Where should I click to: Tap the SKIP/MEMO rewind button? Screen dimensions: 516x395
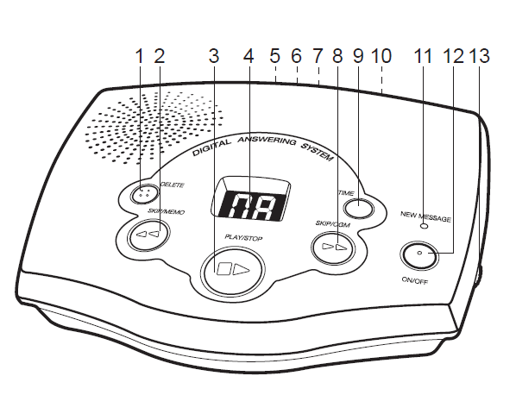149,235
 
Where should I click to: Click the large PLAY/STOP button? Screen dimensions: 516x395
233,269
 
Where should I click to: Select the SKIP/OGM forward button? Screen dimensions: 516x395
333,248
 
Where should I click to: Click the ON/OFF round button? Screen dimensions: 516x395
419,254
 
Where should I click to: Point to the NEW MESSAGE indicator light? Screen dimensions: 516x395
425,226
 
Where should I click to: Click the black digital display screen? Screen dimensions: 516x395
251,206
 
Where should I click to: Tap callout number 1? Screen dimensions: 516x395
140,56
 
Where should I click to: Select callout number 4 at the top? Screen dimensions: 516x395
249,56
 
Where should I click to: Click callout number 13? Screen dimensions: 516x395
480,56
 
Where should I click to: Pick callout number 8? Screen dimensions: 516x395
337,56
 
